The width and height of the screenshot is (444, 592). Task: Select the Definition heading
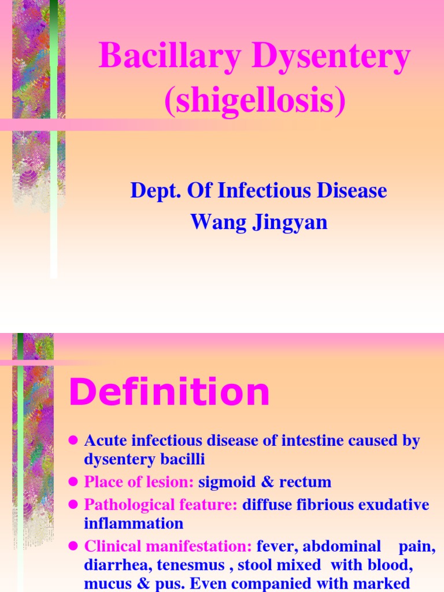[x=169, y=393]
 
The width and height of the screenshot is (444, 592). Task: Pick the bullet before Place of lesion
[x=73, y=482]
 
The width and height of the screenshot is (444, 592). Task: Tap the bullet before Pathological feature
[x=73, y=505]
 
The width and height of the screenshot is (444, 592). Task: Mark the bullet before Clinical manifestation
[x=73, y=546]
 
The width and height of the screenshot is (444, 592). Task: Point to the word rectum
[x=305, y=482]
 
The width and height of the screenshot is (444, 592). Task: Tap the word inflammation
[x=134, y=524]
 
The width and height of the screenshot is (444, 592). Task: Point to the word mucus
[x=108, y=584]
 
